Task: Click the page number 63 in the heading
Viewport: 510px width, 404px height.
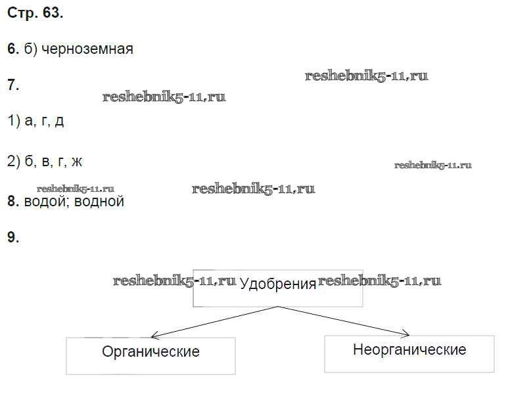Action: (53, 13)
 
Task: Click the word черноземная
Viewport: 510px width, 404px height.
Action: (87, 49)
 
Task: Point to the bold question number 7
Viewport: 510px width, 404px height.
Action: (12, 85)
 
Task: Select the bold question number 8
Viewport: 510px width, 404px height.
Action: (12, 201)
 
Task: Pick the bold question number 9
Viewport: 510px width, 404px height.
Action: (12, 237)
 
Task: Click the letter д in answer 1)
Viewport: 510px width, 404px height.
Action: (59, 122)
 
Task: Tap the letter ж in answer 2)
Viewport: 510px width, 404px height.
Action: (77, 162)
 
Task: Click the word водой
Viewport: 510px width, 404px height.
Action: (45, 202)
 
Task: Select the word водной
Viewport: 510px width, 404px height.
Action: (99, 202)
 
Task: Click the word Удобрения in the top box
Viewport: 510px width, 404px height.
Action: (278, 284)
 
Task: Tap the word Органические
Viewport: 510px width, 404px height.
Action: (151, 352)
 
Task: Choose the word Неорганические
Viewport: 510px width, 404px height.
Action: (409, 350)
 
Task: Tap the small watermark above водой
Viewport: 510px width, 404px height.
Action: (76, 189)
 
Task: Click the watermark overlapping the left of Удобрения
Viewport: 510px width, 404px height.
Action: (174, 281)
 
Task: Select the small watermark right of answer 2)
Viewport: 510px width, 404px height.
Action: (433, 165)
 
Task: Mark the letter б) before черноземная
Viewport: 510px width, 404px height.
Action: (31, 49)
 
